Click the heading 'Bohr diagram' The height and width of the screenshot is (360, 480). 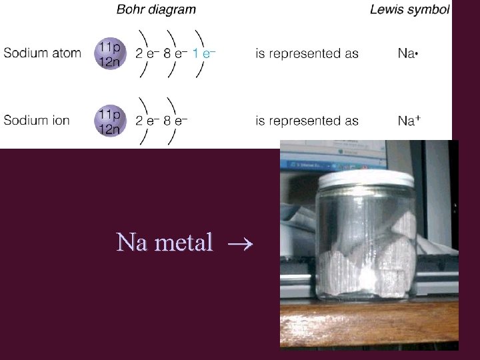click(x=156, y=9)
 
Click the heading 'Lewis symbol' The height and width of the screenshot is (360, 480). click(x=410, y=9)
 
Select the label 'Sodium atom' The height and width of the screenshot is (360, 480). click(x=42, y=53)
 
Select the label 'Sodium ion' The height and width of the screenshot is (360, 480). click(x=37, y=121)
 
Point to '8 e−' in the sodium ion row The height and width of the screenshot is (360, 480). click(x=175, y=121)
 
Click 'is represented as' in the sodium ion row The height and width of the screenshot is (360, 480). click(x=307, y=121)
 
